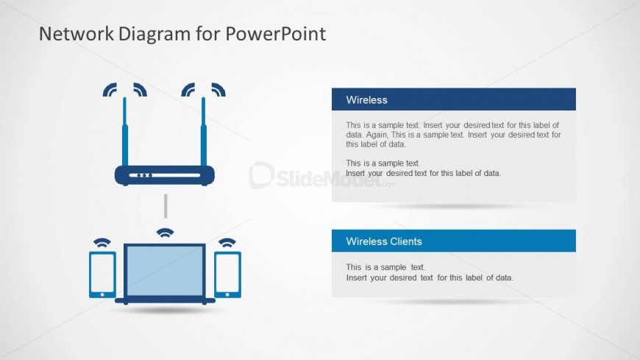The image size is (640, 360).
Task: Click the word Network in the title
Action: pyautogui.click(x=76, y=34)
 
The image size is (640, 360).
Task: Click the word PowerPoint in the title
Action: pyautogui.click(x=276, y=34)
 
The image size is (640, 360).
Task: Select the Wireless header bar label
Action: pyautogui.click(x=366, y=99)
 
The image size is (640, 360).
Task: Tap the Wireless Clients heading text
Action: pyautogui.click(x=384, y=241)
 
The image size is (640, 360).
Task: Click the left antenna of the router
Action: pyautogui.click(x=125, y=132)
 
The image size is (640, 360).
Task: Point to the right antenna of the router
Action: pyautogui.click(x=203, y=132)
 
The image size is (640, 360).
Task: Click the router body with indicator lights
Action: pyautogui.click(x=165, y=175)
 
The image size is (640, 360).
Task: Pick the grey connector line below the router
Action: pyautogui.click(x=166, y=206)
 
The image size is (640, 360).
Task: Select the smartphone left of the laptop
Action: pyautogui.click(x=102, y=275)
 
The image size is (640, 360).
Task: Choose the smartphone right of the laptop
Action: pyautogui.click(x=228, y=275)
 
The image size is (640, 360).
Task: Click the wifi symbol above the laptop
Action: pyautogui.click(x=165, y=233)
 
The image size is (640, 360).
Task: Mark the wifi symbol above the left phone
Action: pyautogui.click(x=102, y=243)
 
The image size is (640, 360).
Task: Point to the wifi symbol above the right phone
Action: pyautogui.click(x=227, y=243)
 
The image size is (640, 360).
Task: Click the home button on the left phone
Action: pyautogui.click(x=102, y=294)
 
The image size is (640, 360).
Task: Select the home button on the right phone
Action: pyautogui.click(x=227, y=294)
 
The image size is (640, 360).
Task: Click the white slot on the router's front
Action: pyautogui.click(x=165, y=175)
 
